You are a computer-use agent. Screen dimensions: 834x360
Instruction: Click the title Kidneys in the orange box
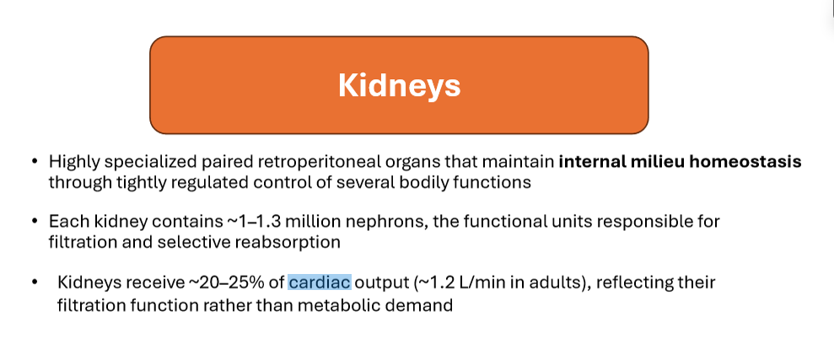tap(399, 85)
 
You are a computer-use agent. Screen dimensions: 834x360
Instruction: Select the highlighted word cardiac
tap(320, 282)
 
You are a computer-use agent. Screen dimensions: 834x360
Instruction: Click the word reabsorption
tap(293, 243)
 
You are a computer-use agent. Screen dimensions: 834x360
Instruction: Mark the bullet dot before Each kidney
tap(35, 221)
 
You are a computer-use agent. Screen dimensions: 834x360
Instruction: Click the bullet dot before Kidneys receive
tap(35, 282)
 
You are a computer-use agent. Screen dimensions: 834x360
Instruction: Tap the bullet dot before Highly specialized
tap(35, 161)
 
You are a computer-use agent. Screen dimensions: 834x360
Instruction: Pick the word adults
tap(558, 282)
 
